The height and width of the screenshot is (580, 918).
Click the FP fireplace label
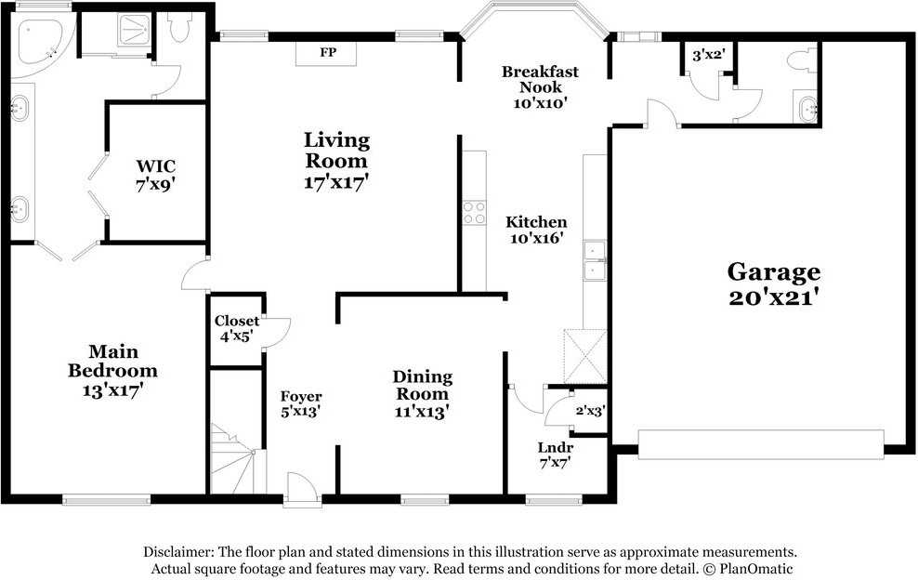point(327,52)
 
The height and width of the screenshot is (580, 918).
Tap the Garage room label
point(773,272)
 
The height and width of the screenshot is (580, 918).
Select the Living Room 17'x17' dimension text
point(336,182)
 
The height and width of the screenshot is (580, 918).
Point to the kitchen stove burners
point(475,213)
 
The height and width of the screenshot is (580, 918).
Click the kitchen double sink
point(594,260)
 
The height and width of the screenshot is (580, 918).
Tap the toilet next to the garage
point(798,61)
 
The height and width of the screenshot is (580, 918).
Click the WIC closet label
point(154,166)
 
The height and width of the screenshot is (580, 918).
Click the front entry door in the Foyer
point(302,490)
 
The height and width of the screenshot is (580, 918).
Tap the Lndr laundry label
point(555,447)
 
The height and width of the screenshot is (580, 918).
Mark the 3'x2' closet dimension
point(708,55)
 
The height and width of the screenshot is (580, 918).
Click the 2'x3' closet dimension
point(590,410)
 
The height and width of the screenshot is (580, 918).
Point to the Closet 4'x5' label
point(237,329)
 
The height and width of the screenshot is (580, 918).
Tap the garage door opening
point(761,444)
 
